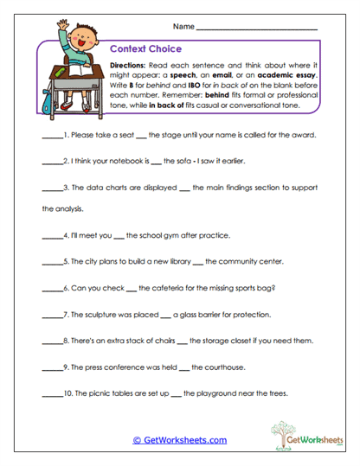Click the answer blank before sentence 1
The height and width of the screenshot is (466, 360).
click(x=53, y=137)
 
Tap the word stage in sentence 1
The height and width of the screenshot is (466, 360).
click(x=176, y=137)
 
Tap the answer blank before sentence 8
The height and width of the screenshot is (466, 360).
click(x=53, y=342)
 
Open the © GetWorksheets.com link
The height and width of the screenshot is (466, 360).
click(x=179, y=440)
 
